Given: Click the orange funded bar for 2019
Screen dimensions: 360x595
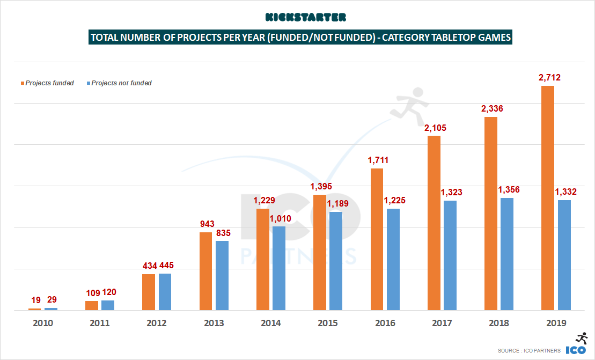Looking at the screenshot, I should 548,198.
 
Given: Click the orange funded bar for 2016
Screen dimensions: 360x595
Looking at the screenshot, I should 377,239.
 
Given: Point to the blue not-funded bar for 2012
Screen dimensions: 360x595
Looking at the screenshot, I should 165,292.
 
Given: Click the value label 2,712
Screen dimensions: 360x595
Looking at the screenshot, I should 547,78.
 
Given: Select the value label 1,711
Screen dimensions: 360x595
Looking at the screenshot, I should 378,160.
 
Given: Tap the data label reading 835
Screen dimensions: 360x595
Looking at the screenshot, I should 222,233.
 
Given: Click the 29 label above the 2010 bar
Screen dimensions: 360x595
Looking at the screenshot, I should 52,300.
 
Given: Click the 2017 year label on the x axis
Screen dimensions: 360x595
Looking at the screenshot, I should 442,324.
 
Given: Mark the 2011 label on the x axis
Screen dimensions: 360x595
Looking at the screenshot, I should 99,324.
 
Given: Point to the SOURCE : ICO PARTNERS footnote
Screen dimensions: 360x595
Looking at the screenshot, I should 529,350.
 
